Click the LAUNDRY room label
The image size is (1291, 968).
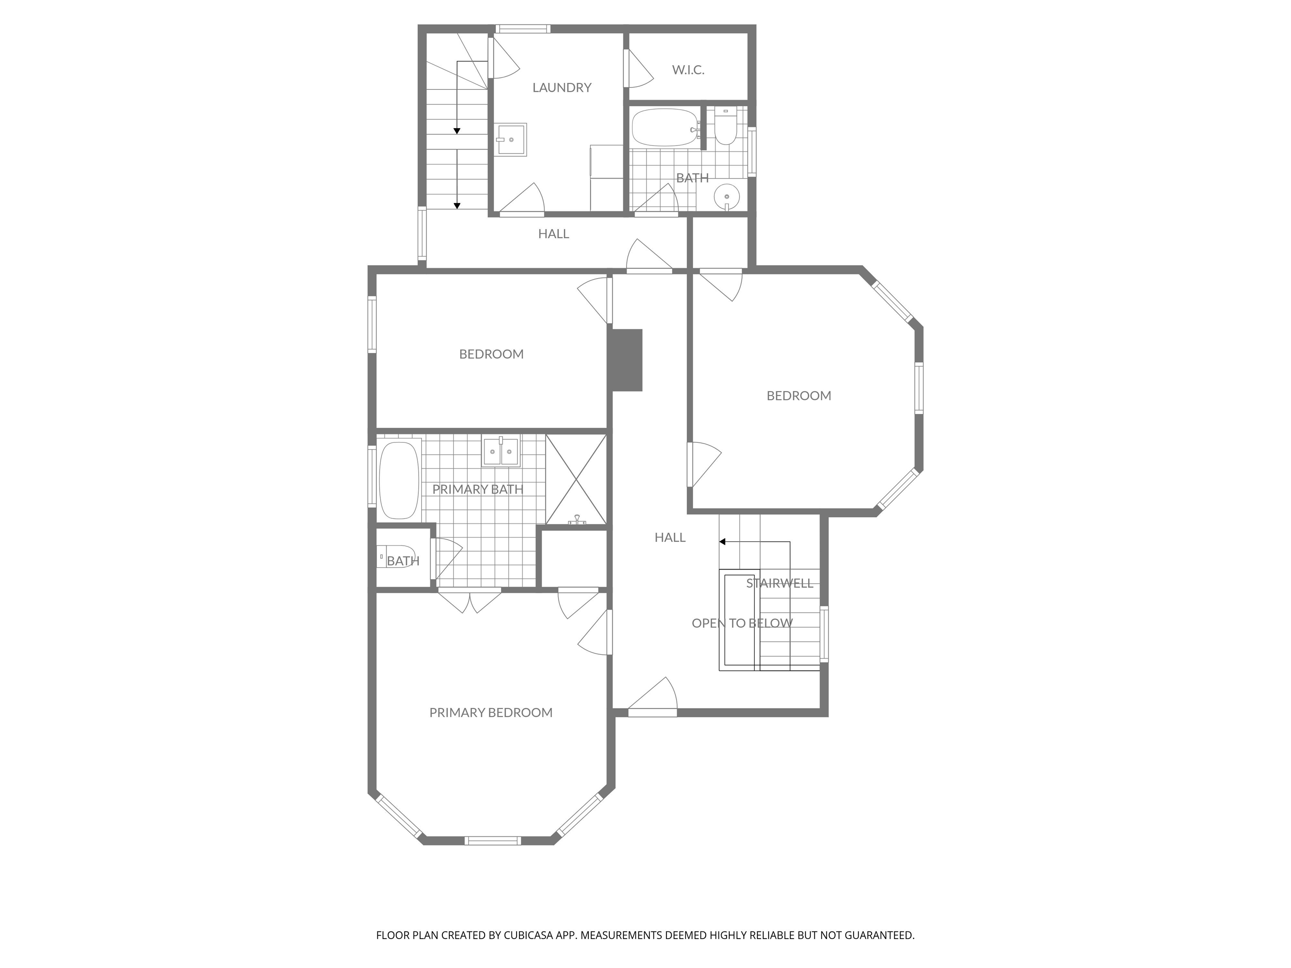tap(561, 87)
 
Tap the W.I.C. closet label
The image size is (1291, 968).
tap(688, 70)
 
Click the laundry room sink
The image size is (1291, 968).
tap(511, 139)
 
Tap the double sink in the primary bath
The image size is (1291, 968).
tap(501, 452)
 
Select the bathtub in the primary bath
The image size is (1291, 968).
tap(399, 480)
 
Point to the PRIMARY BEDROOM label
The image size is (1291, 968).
tap(490, 713)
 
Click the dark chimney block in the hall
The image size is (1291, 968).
tap(626, 360)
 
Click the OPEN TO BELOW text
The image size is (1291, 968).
tap(742, 623)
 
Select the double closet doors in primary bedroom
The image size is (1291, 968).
tap(470, 601)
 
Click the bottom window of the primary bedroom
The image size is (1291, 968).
tap(492, 840)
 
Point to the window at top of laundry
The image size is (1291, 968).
tap(522, 29)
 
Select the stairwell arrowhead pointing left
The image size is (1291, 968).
tap(722, 542)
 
